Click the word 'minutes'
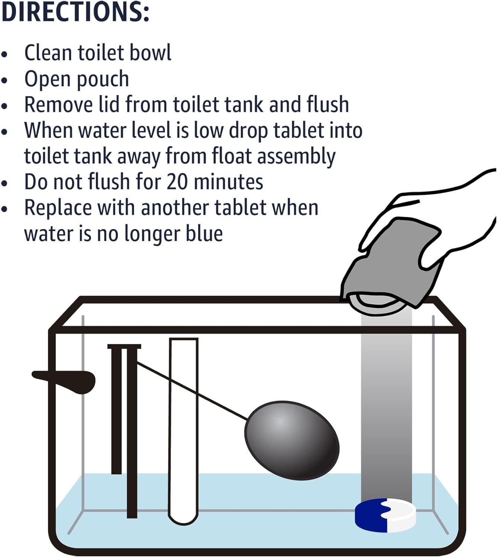(x=228, y=182)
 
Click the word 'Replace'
(x=58, y=208)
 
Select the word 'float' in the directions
(x=232, y=156)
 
